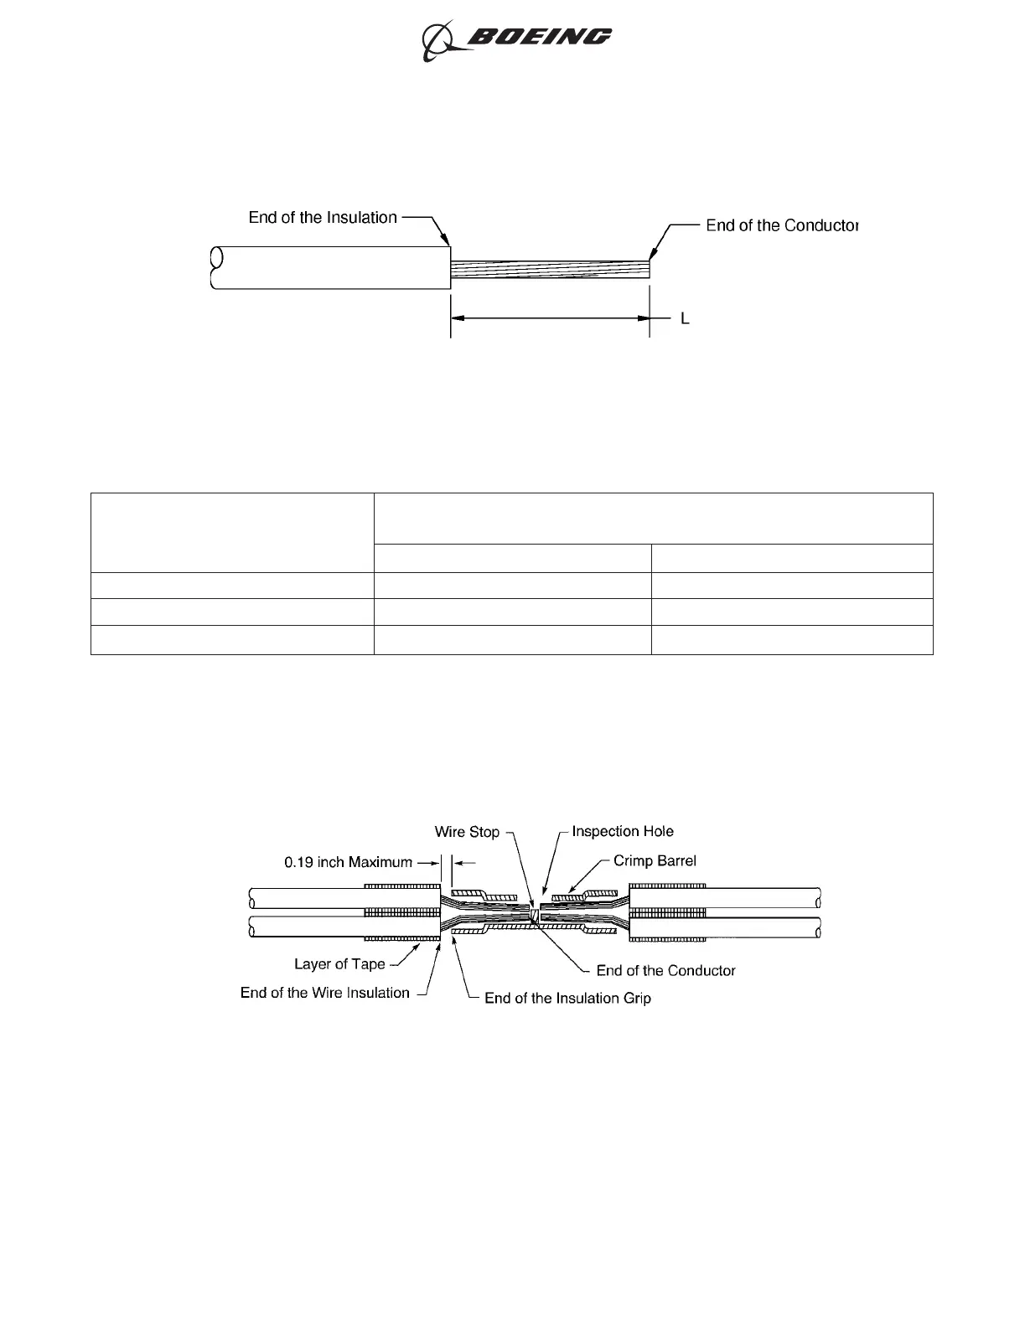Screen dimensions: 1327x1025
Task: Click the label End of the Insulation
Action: [323, 218]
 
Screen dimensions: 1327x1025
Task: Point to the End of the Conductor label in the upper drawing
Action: [782, 225]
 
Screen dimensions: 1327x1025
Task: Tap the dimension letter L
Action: [685, 319]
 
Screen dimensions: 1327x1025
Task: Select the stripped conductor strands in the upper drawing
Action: [550, 269]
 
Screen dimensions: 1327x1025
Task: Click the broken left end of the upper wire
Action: [215, 268]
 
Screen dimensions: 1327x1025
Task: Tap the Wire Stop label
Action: [467, 832]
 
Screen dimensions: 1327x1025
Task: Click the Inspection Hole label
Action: [623, 831]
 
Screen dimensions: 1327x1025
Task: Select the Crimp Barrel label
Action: [655, 860]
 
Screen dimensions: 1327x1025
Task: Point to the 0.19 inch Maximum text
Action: [348, 862]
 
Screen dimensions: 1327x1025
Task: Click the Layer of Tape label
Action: [339, 964]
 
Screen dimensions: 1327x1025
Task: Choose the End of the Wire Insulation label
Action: [325, 993]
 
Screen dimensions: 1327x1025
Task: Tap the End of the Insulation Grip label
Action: [567, 998]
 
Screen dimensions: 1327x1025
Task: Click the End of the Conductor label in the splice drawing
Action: [665, 970]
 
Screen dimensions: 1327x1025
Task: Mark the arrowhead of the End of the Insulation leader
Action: [448, 242]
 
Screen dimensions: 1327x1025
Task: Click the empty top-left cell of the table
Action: [232, 532]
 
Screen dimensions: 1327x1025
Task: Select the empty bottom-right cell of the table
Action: [792, 639]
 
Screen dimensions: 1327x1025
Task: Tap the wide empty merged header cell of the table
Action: [653, 518]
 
